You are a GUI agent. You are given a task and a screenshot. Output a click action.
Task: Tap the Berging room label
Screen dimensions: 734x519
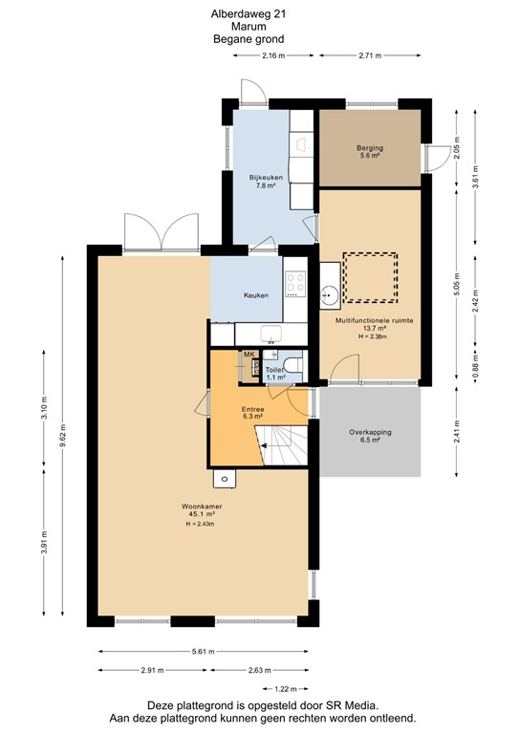[x=370, y=148]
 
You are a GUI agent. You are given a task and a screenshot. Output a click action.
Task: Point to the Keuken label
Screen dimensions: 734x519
[x=255, y=295]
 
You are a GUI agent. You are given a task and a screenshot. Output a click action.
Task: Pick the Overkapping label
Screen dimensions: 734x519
[x=370, y=432]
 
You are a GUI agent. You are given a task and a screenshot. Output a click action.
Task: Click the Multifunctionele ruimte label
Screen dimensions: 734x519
[x=374, y=322]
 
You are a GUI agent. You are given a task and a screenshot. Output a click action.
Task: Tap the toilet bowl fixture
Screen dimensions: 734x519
[x=294, y=365]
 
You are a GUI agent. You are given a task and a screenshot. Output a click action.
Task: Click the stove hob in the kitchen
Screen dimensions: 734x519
[x=294, y=284]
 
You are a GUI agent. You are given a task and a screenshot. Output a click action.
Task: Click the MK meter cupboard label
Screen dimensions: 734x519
[x=249, y=355]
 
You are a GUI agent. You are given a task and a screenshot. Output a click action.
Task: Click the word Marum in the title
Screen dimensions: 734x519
[x=249, y=27]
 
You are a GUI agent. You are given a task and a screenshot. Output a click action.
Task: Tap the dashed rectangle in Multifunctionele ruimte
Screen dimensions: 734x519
[x=371, y=275]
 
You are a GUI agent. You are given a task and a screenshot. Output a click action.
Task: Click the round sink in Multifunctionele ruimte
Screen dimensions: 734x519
[x=327, y=293]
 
